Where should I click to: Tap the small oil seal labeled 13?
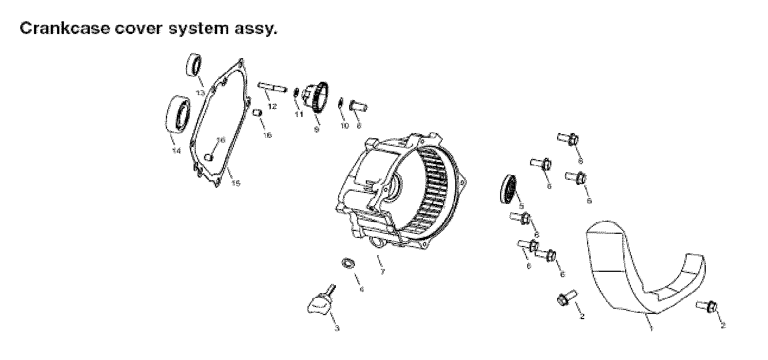click(194, 65)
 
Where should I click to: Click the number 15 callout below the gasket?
click(236, 183)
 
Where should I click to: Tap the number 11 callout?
click(299, 115)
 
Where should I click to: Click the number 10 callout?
click(345, 126)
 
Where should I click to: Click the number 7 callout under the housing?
click(381, 272)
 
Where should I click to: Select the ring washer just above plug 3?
click(348, 263)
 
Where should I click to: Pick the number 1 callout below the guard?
click(650, 328)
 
